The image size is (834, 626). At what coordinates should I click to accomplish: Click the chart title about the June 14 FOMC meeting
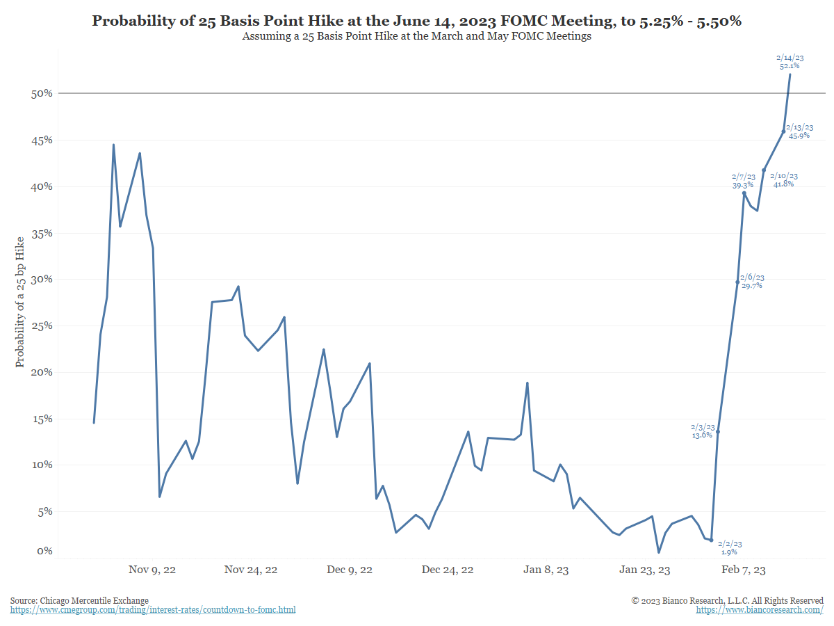(x=416, y=21)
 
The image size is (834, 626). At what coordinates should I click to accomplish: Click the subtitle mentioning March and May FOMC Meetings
(x=416, y=36)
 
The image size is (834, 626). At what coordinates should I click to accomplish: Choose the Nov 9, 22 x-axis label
(x=152, y=570)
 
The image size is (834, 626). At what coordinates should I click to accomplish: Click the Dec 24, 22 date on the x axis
(x=448, y=570)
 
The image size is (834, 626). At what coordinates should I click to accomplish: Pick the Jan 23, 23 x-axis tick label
(x=645, y=570)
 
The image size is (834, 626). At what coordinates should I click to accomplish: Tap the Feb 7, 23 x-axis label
(x=744, y=570)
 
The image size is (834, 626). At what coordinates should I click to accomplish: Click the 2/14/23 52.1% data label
(x=790, y=61)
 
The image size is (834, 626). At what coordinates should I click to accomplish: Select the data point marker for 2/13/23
(x=783, y=131)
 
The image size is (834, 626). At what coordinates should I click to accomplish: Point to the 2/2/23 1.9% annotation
(x=729, y=547)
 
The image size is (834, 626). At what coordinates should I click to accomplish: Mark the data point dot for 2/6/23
(x=737, y=282)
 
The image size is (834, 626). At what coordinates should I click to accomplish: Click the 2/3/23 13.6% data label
(x=702, y=431)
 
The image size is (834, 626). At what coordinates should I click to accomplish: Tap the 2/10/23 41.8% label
(x=785, y=179)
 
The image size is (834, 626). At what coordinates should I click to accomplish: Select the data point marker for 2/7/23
(x=744, y=193)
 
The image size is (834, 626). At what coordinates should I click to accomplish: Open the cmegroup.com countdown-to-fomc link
(x=153, y=610)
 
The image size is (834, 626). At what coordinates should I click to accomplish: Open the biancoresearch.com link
(x=760, y=610)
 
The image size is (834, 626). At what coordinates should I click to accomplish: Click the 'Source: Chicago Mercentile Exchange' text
(x=79, y=600)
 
